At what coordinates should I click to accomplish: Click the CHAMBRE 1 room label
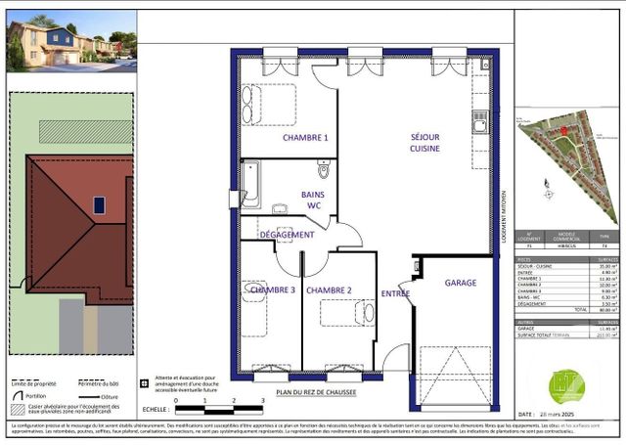pyautogui.click(x=305, y=138)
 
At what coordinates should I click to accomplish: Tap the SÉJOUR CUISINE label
pyautogui.click(x=425, y=143)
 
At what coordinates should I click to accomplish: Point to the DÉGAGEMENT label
pyautogui.click(x=287, y=235)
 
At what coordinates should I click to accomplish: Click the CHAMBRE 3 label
pyautogui.click(x=272, y=290)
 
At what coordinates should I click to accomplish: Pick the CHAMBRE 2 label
pyautogui.click(x=329, y=290)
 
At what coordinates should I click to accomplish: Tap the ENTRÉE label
pyautogui.click(x=395, y=293)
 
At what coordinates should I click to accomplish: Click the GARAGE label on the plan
pyautogui.click(x=461, y=283)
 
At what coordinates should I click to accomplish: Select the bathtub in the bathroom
pyautogui.click(x=250, y=183)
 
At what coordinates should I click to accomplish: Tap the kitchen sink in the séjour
pyautogui.click(x=479, y=123)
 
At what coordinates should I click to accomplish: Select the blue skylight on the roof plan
pyautogui.click(x=100, y=205)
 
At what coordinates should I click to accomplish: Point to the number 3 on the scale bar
pyautogui.click(x=237, y=401)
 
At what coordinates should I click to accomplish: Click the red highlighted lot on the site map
pyautogui.click(x=563, y=132)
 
